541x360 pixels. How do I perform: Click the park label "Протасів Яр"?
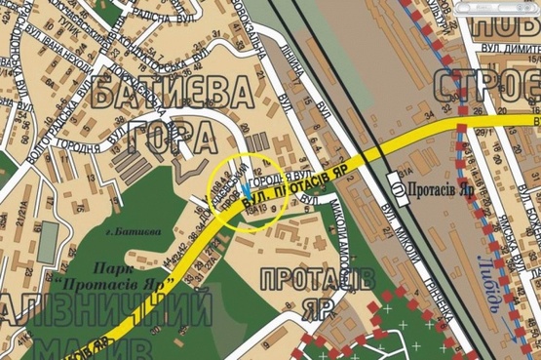click(x=127, y=277)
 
